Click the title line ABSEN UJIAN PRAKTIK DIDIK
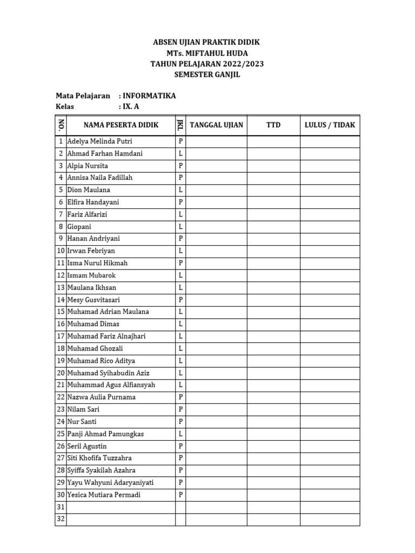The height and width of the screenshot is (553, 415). pos(207,42)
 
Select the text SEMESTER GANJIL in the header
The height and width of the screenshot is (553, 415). pos(207,75)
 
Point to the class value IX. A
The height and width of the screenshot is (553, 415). pos(131,107)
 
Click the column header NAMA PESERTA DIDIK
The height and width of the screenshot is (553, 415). pos(121,125)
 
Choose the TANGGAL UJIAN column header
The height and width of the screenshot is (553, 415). pos(217,125)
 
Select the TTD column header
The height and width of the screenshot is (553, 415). pos(273,125)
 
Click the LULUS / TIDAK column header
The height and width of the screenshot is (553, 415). pos(330,125)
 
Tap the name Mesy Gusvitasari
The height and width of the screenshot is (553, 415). pos(93,300)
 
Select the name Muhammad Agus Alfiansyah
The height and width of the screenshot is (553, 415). pos(111,385)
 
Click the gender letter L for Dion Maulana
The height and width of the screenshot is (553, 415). pos(180,190)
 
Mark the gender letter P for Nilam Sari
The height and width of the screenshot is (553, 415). pos(180,409)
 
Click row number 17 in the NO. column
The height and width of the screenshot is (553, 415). pos(61,336)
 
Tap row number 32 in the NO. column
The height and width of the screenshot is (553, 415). pos(61,520)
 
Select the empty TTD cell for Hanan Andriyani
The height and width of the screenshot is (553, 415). pos(273,239)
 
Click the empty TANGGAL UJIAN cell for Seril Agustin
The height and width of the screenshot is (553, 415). pos(217,446)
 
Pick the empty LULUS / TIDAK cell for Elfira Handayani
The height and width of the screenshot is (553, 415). pos(330,202)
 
